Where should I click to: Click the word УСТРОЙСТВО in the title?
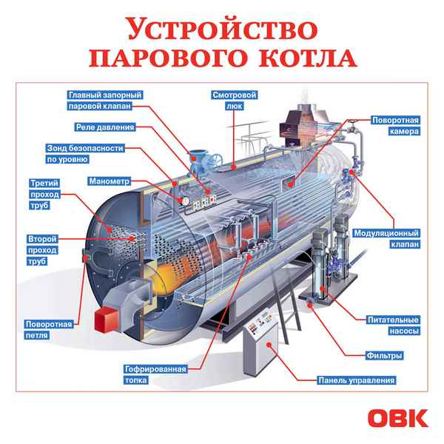[221, 30]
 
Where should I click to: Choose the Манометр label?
[109, 181]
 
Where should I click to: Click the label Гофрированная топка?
[153, 374]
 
